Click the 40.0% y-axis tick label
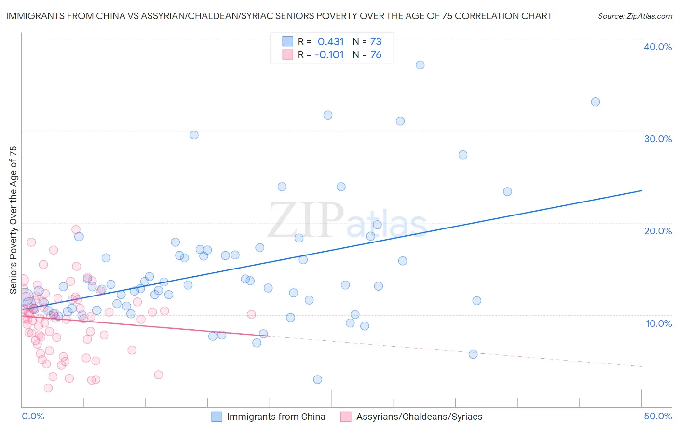tap(658, 47)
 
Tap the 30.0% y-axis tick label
tap(658, 139)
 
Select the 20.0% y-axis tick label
tap(658, 231)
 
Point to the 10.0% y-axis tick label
tap(659, 323)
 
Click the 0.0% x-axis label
tap(33, 416)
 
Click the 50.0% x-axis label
tap(658, 416)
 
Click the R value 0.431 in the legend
tap(331, 41)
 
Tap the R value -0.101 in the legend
tap(329, 55)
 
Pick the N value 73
tap(376, 41)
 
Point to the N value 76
tap(376, 55)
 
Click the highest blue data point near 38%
tap(420, 65)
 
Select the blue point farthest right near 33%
tap(596, 102)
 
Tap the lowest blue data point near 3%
tap(317, 379)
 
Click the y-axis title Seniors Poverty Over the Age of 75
tap(13, 220)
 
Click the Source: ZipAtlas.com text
tap(635, 16)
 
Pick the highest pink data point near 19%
tap(76, 229)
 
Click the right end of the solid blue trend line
tap(641, 191)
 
